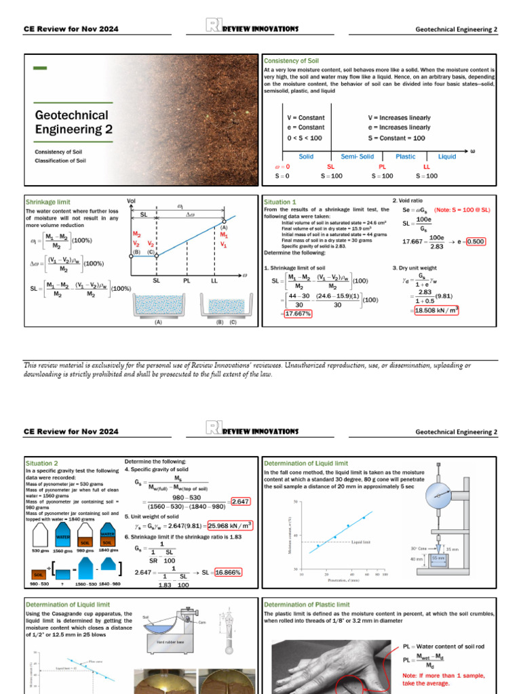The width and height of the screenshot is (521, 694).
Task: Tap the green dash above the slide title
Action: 40,68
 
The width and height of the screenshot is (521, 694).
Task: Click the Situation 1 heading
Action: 279,202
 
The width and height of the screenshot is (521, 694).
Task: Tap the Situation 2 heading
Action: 41,463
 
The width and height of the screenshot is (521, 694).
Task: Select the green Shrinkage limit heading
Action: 48,202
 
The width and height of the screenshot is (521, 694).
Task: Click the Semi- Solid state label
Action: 357,157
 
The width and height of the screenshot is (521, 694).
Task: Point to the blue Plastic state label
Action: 405,157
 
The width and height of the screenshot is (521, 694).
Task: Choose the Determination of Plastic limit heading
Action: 307,605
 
